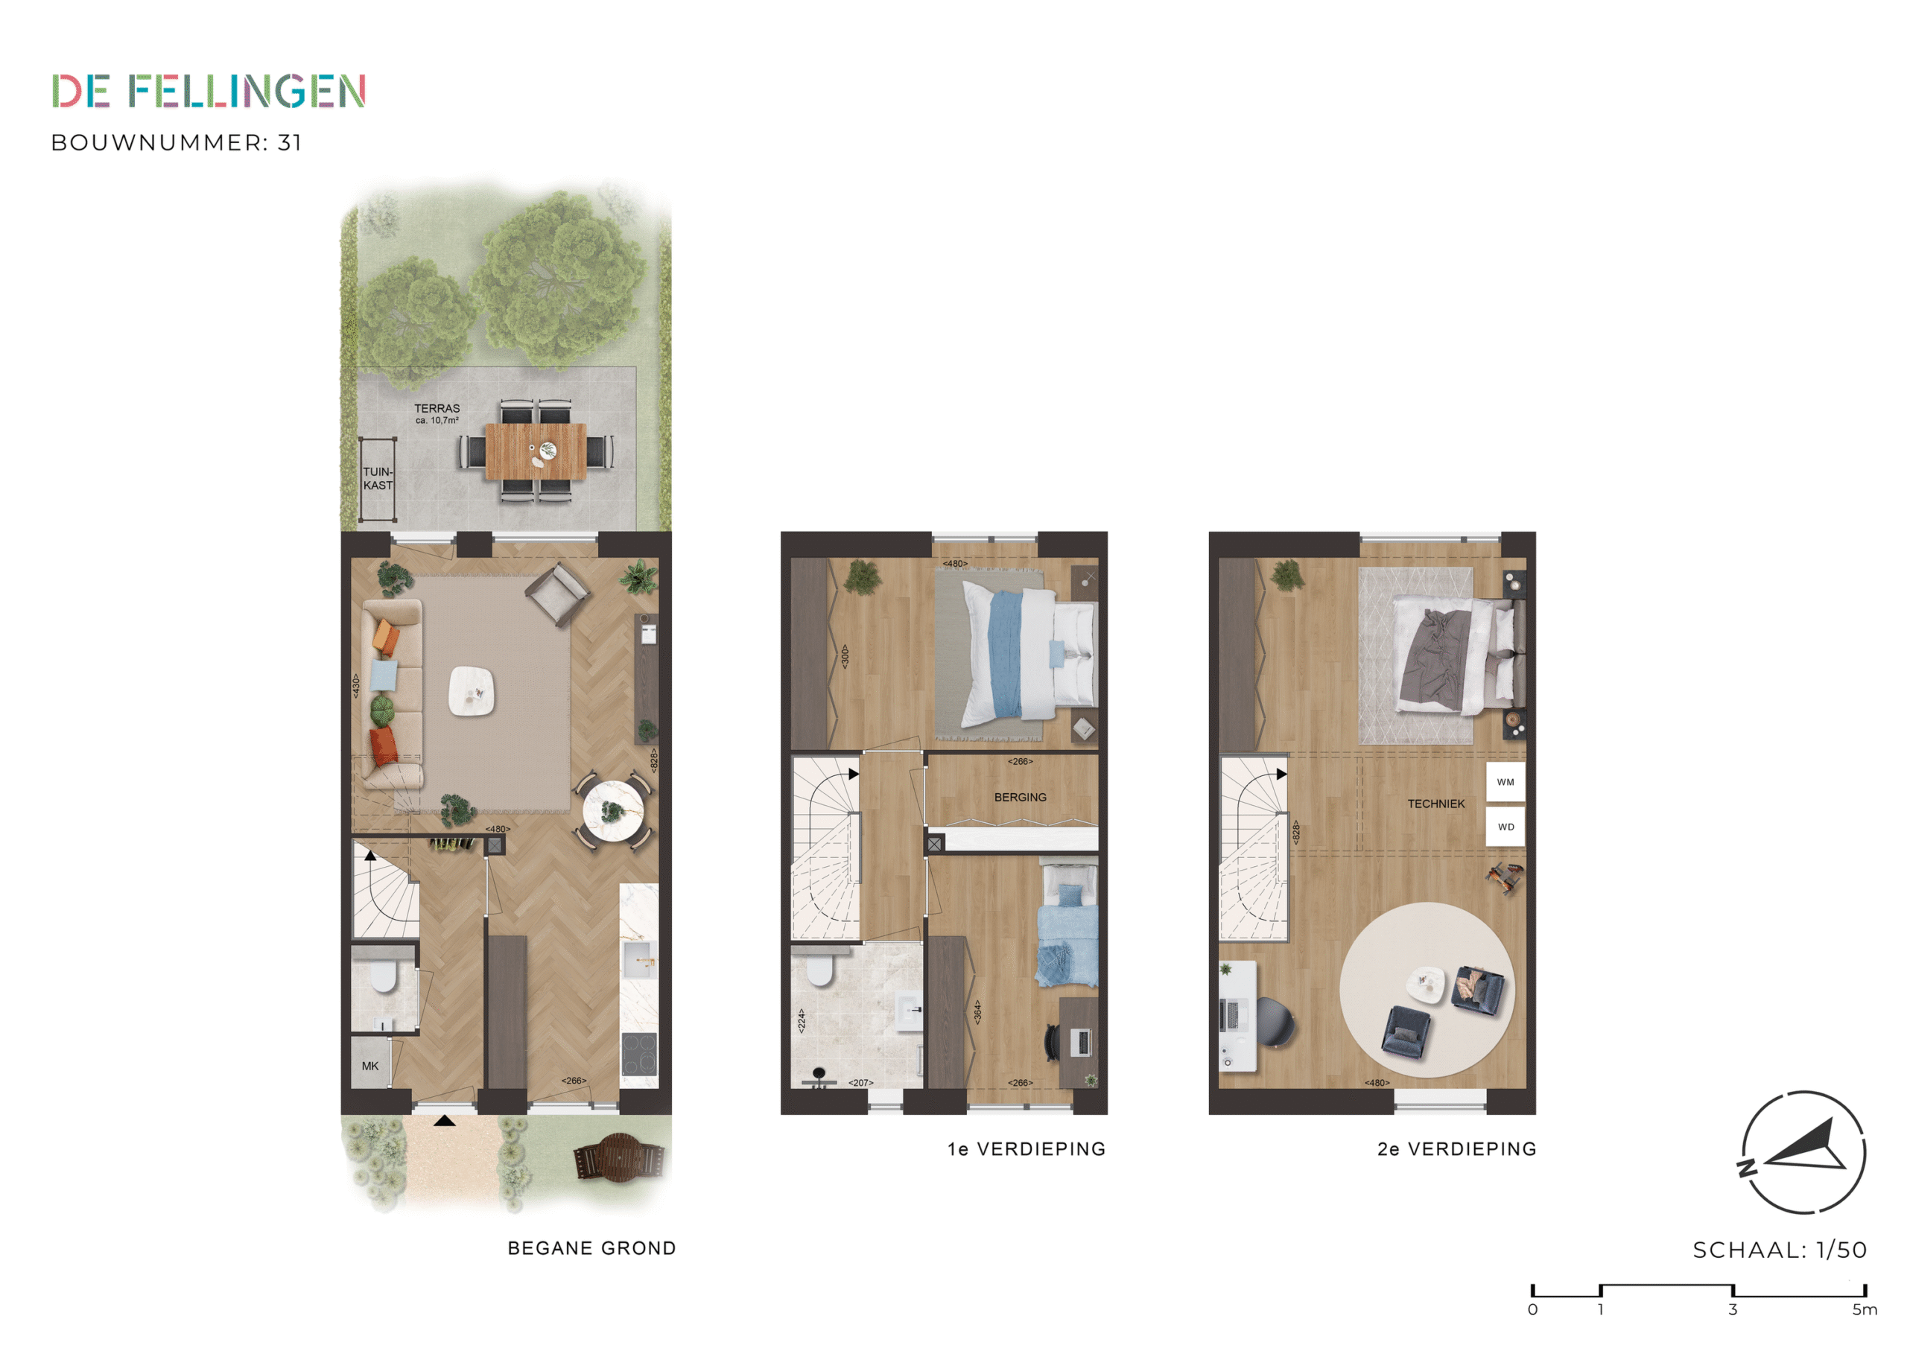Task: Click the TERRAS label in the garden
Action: point(437,409)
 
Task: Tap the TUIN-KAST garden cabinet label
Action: point(378,478)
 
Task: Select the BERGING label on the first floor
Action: point(1020,798)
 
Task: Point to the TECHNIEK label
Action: point(1436,804)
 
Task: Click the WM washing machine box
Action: point(1505,783)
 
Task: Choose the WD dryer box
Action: point(1505,827)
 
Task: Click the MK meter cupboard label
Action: point(370,1066)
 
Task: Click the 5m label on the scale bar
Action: point(1864,1310)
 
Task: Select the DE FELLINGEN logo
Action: point(209,92)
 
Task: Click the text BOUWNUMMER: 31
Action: point(176,143)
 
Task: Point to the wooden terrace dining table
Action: point(536,451)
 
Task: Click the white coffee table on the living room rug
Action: point(472,691)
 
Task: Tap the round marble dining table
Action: point(613,812)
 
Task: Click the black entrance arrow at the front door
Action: point(445,1122)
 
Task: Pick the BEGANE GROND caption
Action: point(591,1248)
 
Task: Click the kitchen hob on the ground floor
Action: point(638,1054)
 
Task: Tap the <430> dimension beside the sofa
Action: point(355,686)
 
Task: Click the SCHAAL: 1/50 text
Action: point(1779,1250)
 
